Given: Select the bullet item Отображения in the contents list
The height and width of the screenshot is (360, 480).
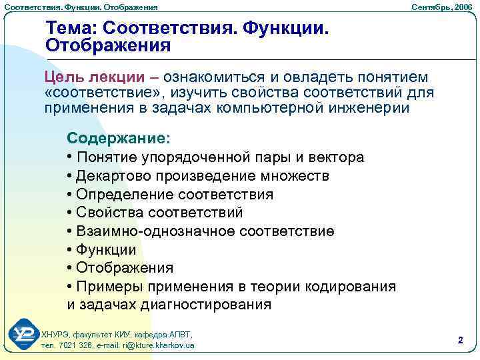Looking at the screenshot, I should click(x=125, y=268).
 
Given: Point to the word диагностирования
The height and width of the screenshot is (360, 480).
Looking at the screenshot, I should click(x=206, y=305).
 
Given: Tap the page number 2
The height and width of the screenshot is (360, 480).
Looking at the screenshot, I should click(x=460, y=340).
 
